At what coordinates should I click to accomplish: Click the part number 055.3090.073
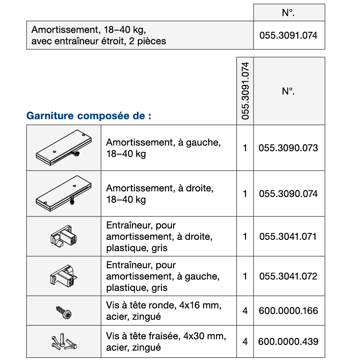click(288, 148)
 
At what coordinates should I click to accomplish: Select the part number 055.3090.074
click(288, 194)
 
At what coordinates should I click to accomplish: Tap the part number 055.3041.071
click(288, 236)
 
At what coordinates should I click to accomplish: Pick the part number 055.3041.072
click(288, 277)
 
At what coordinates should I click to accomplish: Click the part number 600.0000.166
click(288, 311)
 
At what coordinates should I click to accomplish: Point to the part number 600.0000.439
click(288, 341)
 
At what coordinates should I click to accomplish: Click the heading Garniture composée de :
click(89, 116)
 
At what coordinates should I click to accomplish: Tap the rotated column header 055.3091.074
click(246, 91)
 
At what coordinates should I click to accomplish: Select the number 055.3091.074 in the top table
click(288, 35)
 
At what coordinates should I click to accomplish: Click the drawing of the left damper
click(63, 147)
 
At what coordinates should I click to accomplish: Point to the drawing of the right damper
click(63, 193)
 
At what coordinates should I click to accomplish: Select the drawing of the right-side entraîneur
click(64, 236)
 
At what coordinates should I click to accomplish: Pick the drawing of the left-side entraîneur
click(64, 276)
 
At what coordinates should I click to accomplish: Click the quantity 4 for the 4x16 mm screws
click(245, 311)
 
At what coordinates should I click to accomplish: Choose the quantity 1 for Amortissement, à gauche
click(245, 148)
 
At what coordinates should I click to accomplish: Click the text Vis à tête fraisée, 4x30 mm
click(166, 336)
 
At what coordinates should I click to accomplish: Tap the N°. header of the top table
click(288, 13)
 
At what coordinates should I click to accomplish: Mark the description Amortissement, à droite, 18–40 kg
click(160, 194)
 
